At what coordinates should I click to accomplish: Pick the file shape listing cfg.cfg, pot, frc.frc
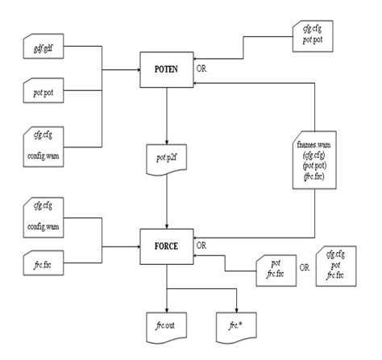click(x=336, y=265)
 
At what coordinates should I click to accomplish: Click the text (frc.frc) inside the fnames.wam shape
click(x=310, y=175)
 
